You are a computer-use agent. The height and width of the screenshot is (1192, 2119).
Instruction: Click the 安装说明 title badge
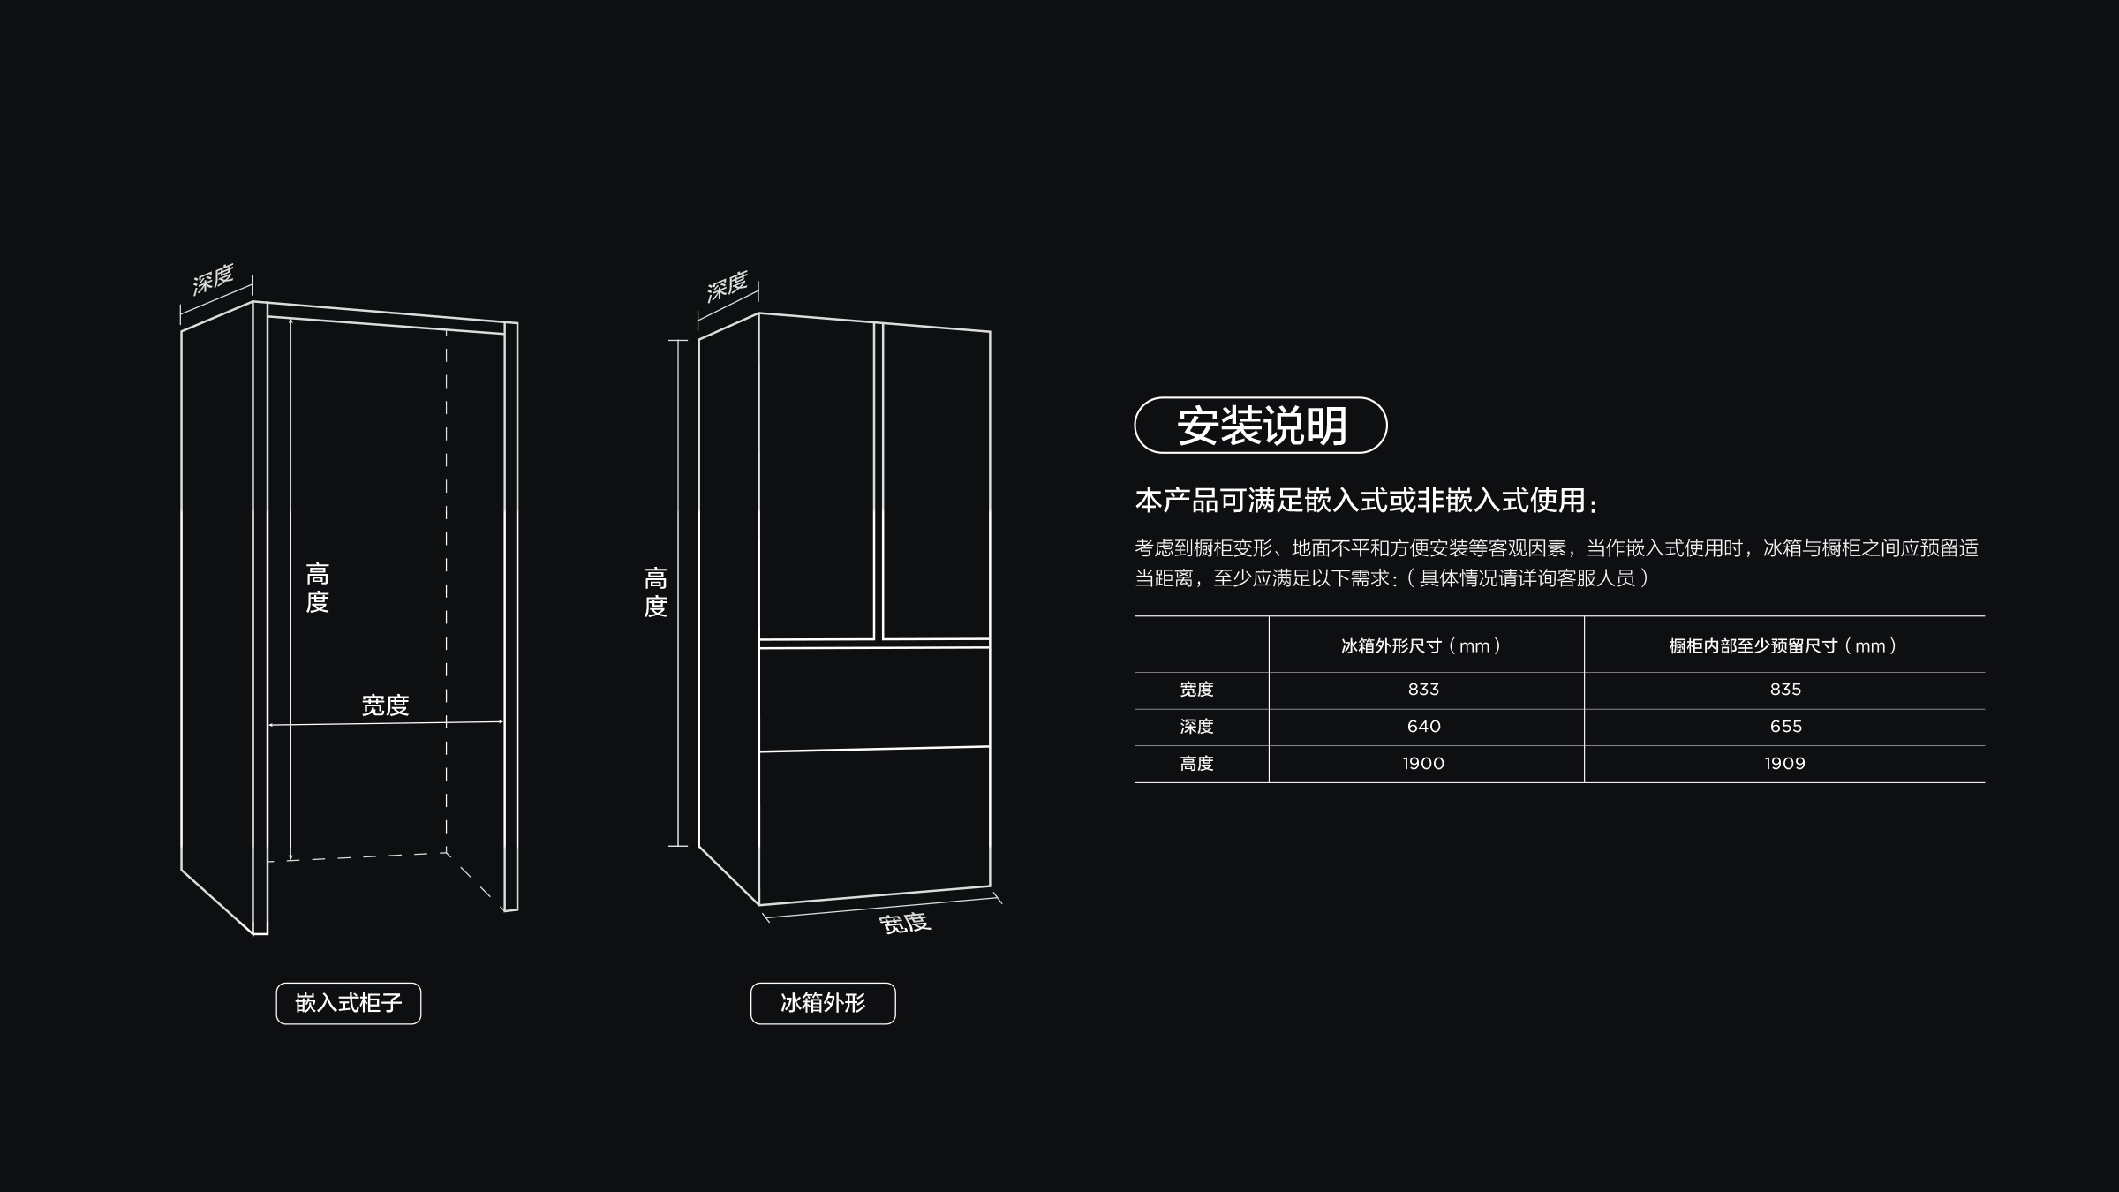1261,426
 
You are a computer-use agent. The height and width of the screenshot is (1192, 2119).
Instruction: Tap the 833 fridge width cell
1423,690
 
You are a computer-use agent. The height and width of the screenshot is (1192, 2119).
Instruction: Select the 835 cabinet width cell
1785,690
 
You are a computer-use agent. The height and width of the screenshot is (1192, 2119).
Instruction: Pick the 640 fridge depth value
1423,727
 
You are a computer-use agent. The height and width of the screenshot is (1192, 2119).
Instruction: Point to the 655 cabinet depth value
1785,727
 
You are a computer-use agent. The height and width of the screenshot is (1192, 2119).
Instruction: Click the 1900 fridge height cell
1423,764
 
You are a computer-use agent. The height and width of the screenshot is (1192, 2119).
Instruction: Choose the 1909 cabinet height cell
1785,764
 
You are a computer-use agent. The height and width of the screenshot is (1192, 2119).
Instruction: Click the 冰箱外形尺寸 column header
1421,646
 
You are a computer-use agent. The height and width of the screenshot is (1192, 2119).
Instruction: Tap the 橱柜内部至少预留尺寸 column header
1783,646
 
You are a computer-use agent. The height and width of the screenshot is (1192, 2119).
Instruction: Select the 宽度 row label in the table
1197,690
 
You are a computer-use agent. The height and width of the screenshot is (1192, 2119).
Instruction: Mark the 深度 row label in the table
1197,727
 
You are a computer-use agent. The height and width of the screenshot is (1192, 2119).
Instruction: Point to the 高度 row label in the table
1197,764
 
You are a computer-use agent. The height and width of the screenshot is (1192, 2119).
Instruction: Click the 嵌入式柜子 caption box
349,1003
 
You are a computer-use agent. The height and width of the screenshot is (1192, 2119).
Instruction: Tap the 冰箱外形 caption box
823,1003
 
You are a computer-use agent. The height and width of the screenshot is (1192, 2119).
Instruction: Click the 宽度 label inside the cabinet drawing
385,705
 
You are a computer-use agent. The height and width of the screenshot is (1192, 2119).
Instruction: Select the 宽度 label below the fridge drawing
905,923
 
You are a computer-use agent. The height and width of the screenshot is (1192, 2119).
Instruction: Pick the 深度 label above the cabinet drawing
213,279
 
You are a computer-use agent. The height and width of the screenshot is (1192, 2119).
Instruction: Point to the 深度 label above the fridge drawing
728,286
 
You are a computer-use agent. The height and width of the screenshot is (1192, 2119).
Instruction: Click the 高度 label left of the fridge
655,592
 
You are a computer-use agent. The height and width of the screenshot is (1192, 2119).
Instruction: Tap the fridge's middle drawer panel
874,698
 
